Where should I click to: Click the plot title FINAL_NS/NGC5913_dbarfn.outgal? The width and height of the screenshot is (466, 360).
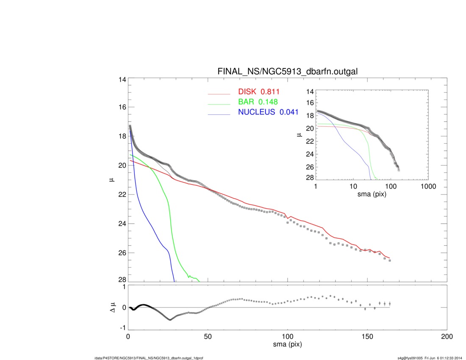click(x=287, y=72)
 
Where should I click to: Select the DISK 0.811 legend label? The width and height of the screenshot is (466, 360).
click(x=259, y=92)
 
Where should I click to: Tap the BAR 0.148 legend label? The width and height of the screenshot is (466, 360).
click(x=258, y=102)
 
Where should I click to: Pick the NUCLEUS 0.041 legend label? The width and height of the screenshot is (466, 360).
click(x=268, y=112)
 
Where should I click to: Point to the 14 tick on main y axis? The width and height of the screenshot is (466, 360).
click(x=122, y=80)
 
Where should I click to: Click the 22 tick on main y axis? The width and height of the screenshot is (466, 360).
click(x=122, y=194)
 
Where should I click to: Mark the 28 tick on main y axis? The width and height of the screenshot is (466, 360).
click(x=122, y=280)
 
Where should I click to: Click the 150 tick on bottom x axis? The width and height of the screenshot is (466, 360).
click(x=367, y=337)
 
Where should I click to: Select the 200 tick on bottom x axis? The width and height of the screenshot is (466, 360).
click(x=447, y=337)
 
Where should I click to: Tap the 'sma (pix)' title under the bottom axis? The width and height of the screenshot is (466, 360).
click(x=287, y=345)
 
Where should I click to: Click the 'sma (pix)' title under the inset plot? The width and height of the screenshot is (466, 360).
click(x=372, y=194)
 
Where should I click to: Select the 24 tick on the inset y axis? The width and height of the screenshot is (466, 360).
click(x=310, y=154)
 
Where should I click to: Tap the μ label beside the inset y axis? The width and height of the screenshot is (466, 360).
click(x=299, y=135)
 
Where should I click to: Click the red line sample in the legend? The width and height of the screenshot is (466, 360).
click(x=219, y=94)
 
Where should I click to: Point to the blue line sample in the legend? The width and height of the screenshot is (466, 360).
click(x=219, y=114)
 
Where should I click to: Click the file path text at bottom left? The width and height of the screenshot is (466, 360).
click(x=149, y=358)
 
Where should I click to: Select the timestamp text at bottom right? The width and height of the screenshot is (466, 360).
click(x=430, y=358)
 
